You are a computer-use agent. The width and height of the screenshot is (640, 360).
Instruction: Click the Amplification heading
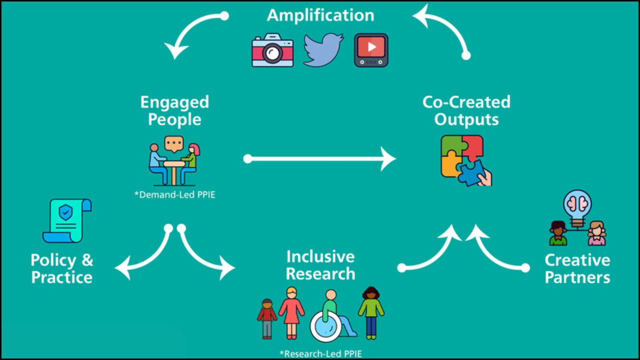(x=320, y=15)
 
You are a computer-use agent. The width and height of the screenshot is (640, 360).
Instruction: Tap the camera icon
(x=272, y=50)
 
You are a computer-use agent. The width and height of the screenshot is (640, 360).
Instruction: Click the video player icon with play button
(x=371, y=50)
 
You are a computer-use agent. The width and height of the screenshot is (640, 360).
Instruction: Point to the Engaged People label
(x=174, y=111)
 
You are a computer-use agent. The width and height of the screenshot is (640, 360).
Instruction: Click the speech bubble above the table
(x=174, y=144)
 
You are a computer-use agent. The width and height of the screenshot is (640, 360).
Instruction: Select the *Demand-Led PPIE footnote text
(x=175, y=195)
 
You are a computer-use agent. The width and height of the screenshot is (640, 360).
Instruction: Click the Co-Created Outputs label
(x=466, y=111)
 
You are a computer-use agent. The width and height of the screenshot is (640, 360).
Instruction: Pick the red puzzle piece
(x=472, y=147)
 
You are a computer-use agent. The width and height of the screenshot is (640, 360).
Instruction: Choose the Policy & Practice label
(x=62, y=268)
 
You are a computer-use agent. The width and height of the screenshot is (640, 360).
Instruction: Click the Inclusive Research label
(x=320, y=265)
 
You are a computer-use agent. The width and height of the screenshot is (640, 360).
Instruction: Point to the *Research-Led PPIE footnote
(x=320, y=354)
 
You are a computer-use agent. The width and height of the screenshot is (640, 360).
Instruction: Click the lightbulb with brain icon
(x=577, y=206)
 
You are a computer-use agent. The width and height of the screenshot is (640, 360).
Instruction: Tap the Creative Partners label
(x=577, y=268)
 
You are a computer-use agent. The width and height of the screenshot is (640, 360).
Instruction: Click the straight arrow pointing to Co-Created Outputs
(x=320, y=159)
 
